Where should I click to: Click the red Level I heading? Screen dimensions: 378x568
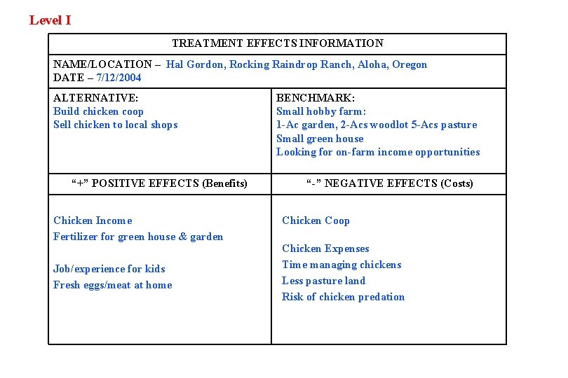click(x=50, y=20)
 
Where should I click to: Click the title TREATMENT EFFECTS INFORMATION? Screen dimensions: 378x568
click(x=278, y=43)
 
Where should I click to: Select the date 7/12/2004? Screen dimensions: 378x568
click(x=119, y=78)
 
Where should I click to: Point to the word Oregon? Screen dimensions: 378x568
click(x=410, y=64)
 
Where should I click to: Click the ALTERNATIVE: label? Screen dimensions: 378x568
click(x=95, y=98)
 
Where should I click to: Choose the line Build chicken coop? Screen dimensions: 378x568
click(x=98, y=111)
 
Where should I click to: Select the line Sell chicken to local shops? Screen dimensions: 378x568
click(x=116, y=125)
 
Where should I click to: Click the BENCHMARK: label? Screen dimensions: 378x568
click(x=315, y=98)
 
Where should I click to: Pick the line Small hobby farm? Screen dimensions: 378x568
click(x=321, y=111)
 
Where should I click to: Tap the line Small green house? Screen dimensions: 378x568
click(x=320, y=139)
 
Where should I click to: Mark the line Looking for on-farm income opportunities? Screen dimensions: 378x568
click(x=378, y=152)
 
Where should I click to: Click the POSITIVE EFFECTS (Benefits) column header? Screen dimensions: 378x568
click(x=160, y=183)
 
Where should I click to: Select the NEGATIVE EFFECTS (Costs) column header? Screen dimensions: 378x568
click(x=390, y=183)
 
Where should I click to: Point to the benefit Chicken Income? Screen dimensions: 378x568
click(x=93, y=220)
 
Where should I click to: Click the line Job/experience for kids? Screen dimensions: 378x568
click(x=109, y=269)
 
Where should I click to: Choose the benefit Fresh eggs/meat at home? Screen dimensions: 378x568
click(x=112, y=285)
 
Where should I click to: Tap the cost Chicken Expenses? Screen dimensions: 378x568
click(x=325, y=248)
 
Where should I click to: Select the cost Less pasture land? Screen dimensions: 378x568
click(x=323, y=281)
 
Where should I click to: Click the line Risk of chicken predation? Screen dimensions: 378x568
click(x=343, y=297)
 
